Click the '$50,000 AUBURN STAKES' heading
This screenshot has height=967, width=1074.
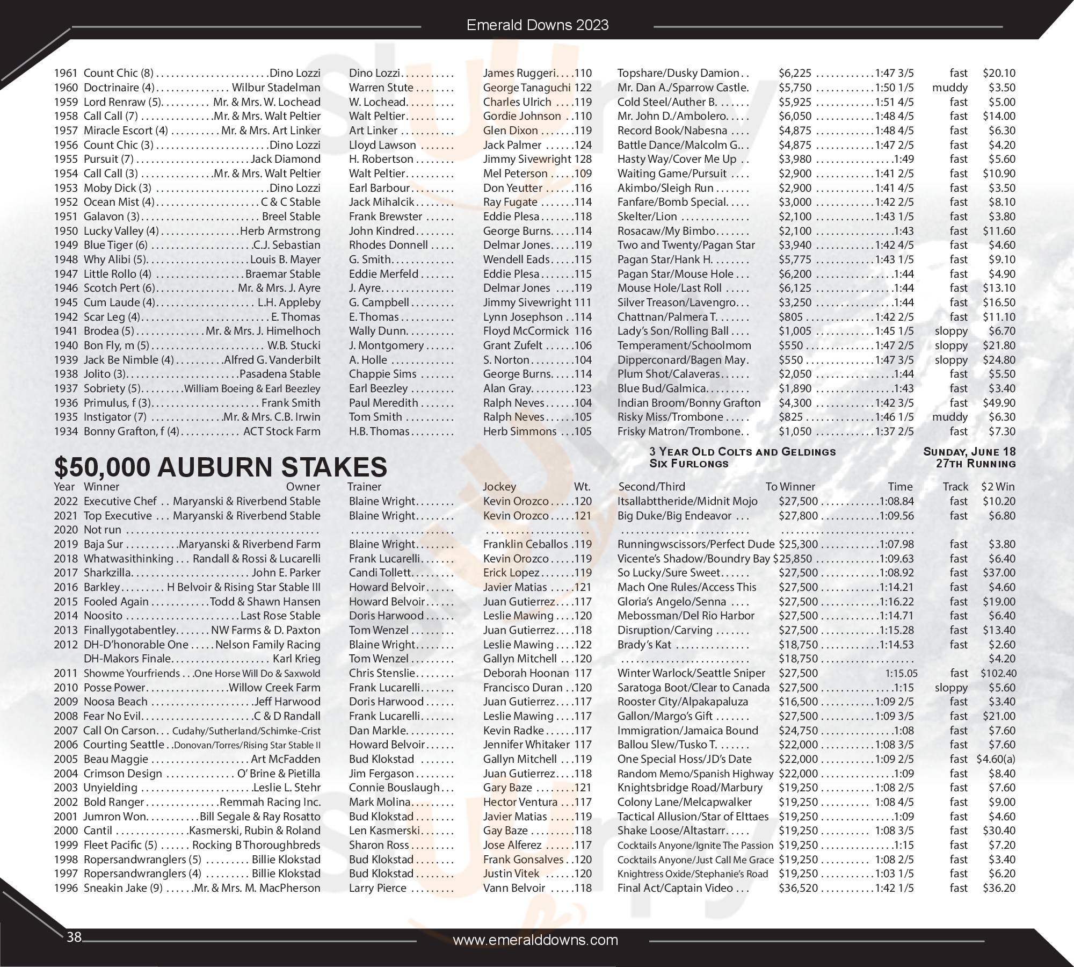pyautogui.click(x=220, y=467)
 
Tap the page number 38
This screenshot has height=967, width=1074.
pyautogui.click(x=74, y=937)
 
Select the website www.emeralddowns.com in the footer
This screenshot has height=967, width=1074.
pyautogui.click(x=535, y=940)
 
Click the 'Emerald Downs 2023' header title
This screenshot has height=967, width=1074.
pyautogui.click(x=538, y=25)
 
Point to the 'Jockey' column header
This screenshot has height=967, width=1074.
pyautogui.click(x=499, y=487)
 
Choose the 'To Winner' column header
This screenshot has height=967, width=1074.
pyautogui.click(x=790, y=487)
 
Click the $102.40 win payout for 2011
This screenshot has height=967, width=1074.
pyautogui.click(x=998, y=674)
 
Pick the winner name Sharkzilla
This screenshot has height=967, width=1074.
pyautogui.click(x=107, y=573)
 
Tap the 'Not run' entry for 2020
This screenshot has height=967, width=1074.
pyautogui.click(x=103, y=530)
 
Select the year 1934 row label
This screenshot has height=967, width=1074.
pyautogui.click(x=66, y=431)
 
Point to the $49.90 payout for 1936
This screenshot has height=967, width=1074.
pyautogui.click(x=999, y=403)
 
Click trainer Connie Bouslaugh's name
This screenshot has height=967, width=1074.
pyautogui.click(x=394, y=788)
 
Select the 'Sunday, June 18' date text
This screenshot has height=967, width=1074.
pyautogui.click(x=969, y=452)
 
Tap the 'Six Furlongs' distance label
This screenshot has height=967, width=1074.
pyautogui.click(x=688, y=464)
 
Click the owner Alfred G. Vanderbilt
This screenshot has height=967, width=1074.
pyautogui.click(x=272, y=360)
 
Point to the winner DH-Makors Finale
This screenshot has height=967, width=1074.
pyautogui.click(x=127, y=659)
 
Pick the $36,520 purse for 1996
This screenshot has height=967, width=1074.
pyautogui.click(x=798, y=889)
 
